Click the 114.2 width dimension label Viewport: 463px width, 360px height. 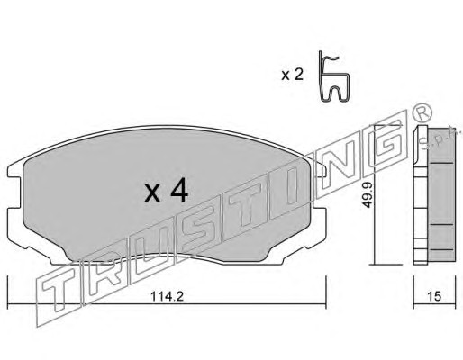(x=167, y=296)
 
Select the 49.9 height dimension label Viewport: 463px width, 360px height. (x=367, y=195)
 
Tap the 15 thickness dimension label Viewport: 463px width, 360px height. (x=434, y=296)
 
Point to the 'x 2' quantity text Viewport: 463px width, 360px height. (x=293, y=75)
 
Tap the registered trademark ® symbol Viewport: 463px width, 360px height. (x=422, y=113)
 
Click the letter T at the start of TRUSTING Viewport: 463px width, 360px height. (x=59, y=292)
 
